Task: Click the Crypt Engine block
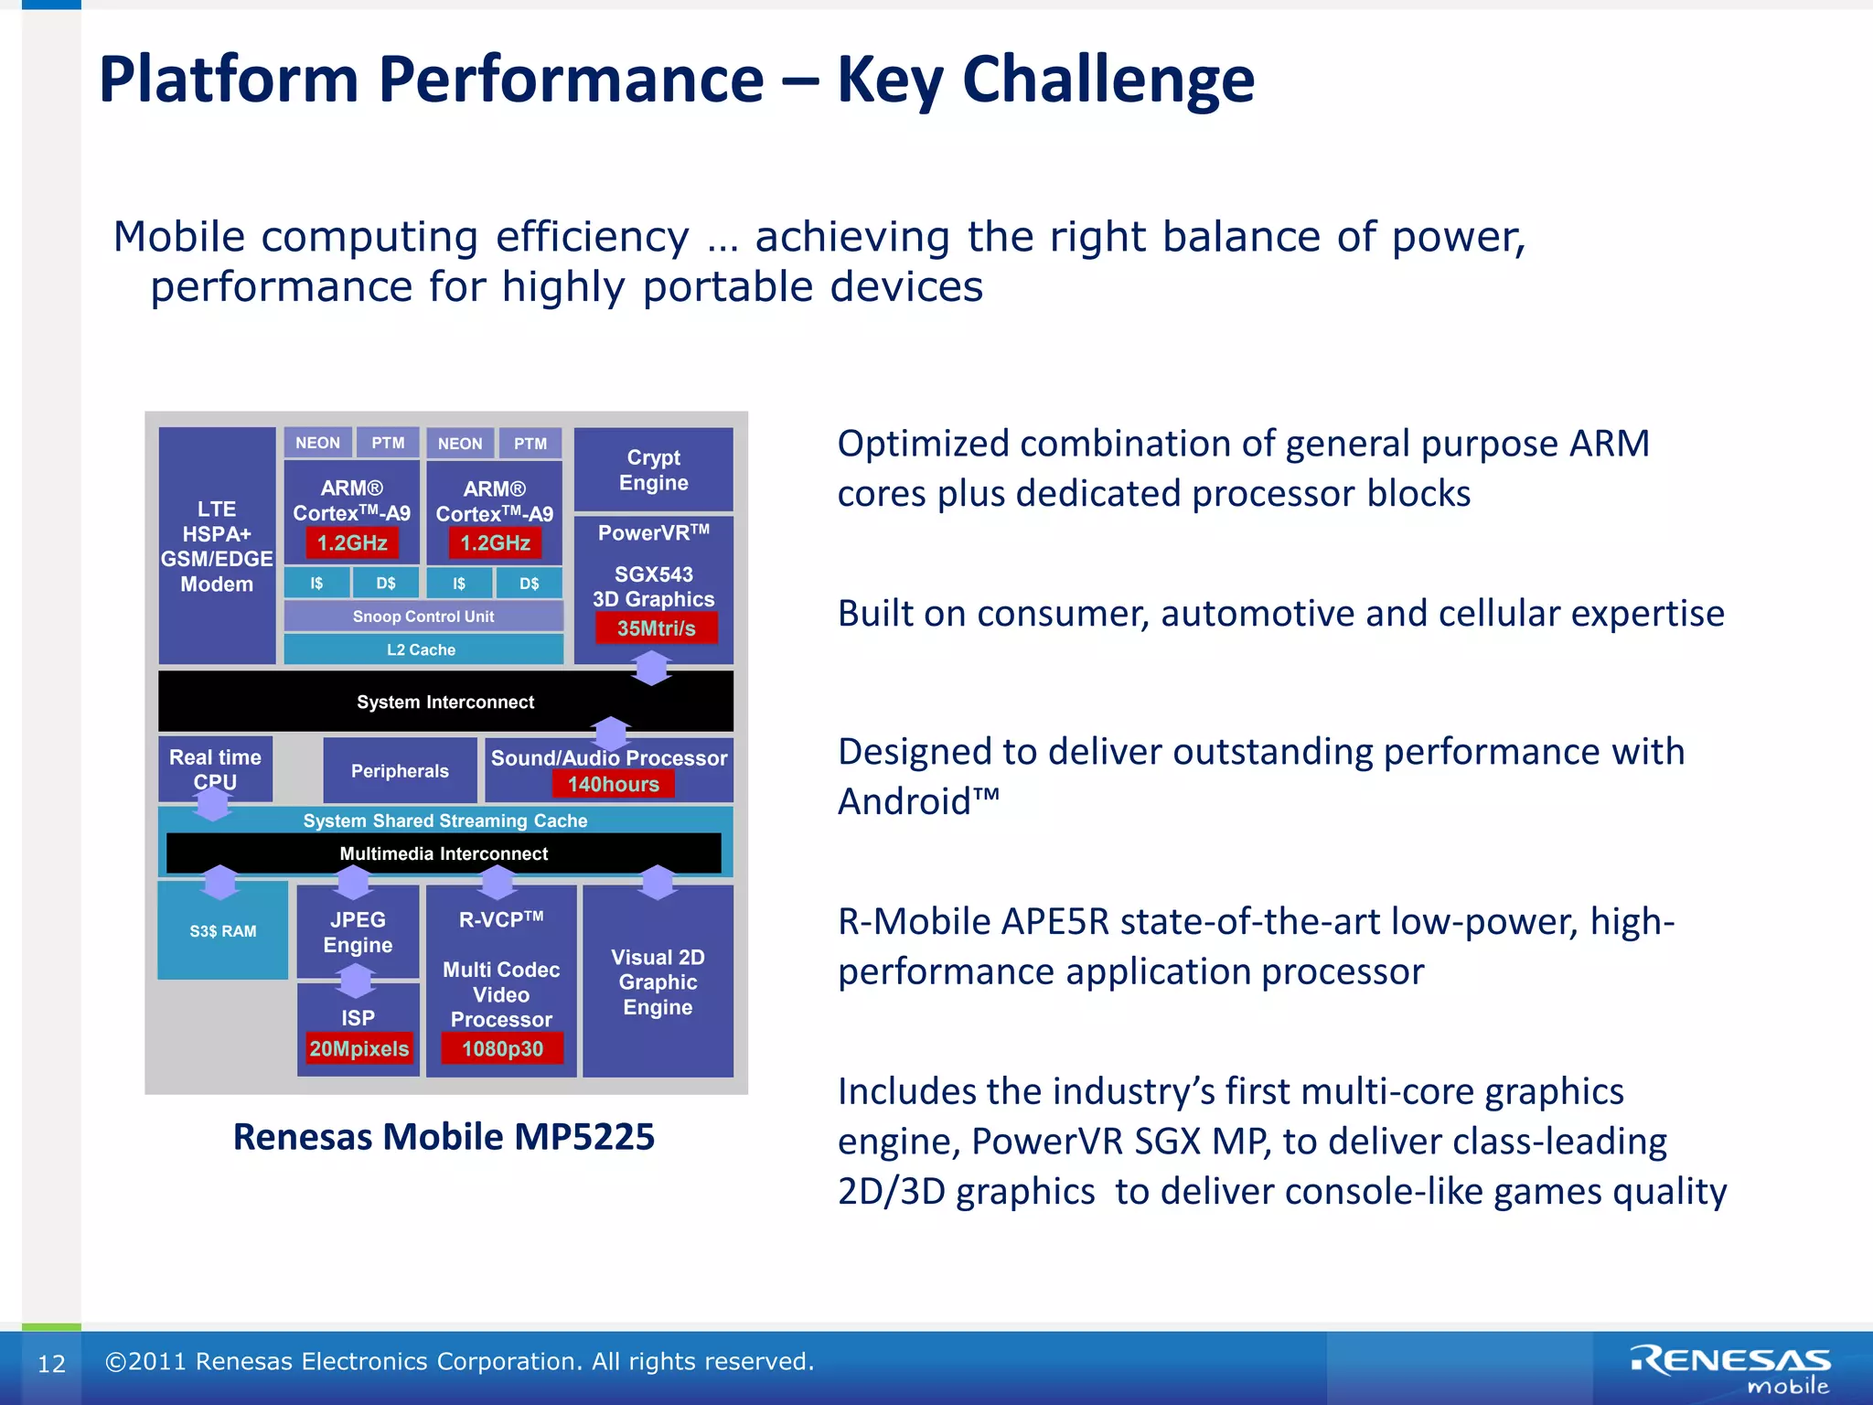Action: coord(653,469)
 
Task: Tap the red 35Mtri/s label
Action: coord(656,628)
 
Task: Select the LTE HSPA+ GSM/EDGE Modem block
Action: coord(217,546)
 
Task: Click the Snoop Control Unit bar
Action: coord(423,617)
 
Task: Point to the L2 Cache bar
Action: coord(422,649)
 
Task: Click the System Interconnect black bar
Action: coord(445,702)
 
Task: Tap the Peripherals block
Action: coord(400,770)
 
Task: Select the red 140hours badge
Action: coord(613,784)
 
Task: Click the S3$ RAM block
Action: coord(223,930)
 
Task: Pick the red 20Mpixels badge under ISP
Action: coord(359,1048)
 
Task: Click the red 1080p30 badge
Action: coord(502,1048)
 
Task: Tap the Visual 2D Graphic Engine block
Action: coord(658,981)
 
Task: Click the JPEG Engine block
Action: coord(358,932)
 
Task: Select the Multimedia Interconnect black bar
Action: coord(444,853)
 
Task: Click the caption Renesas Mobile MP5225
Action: coord(444,1136)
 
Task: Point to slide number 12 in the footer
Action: coord(51,1364)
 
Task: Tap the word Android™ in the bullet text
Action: coord(918,801)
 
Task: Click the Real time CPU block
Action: coord(215,768)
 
